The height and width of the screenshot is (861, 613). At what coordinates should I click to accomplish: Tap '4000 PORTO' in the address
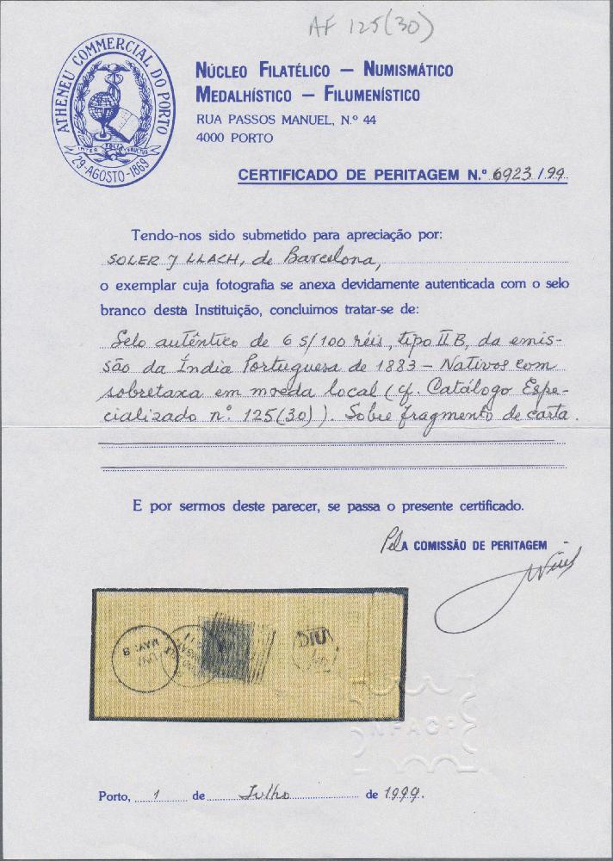235,138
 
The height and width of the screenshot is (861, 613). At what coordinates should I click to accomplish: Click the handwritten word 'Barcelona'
285,257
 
